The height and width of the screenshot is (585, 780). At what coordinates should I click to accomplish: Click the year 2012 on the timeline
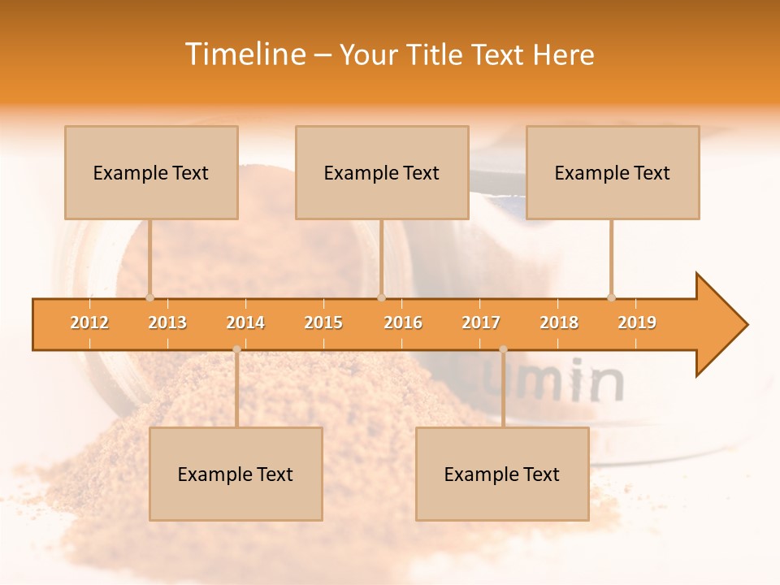pyautogui.click(x=89, y=323)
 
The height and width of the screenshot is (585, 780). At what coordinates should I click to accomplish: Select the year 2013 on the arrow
pyautogui.click(x=167, y=323)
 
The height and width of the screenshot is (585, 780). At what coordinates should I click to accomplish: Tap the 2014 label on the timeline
pyautogui.click(x=245, y=323)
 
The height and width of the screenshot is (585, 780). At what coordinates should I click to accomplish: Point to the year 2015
pyautogui.click(x=323, y=323)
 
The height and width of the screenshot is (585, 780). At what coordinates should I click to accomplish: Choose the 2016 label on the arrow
pyautogui.click(x=403, y=323)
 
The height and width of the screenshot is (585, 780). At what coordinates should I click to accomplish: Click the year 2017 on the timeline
pyautogui.click(x=481, y=323)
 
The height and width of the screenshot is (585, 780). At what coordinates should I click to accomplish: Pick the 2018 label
pyautogui.click(x=559, y=323)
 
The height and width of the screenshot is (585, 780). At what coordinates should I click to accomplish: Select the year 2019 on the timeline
pyautogui.click(x=637, y=323)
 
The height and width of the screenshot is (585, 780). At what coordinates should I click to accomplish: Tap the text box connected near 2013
pyautogui.click(x=151, y=172)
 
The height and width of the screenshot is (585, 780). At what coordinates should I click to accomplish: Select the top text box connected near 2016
pyautogui.click(x=382, y=172)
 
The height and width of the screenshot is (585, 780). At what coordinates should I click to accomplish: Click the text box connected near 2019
pyautogui.click(x=613, y=172)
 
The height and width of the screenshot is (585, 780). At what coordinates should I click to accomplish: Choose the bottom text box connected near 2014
pyautogui.click(x=236, y=474)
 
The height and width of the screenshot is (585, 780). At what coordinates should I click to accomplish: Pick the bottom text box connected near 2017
pyautogui.click(x=502, y=474)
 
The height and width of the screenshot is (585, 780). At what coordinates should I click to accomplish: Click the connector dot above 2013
pyautogui.click(x=149, y=297)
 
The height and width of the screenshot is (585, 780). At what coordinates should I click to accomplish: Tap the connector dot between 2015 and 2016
pyautogui.click(x=381, y=297)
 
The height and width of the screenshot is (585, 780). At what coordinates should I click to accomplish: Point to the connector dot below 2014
pyautogui.click(x=236, y=349)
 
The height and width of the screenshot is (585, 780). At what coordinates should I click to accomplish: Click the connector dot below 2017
pyautogui.click(x=503, y=349)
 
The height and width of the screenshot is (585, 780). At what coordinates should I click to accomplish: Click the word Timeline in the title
pyautogui.click(x=244, y=54)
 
